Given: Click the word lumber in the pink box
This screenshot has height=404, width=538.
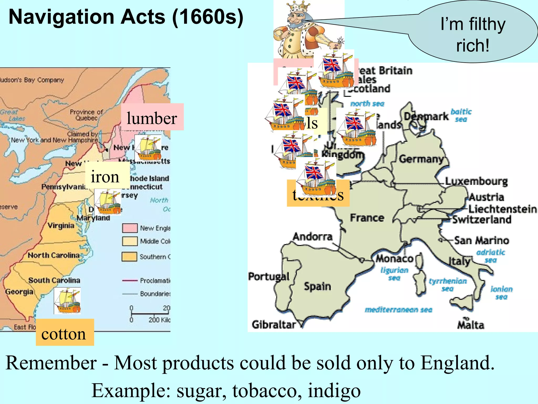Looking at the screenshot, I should point(152,118).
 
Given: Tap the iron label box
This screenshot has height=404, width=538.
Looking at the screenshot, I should point(105,176).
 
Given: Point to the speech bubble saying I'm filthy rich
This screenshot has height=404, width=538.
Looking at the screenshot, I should point(473,34).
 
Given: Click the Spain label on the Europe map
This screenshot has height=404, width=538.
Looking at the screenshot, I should point(317,286).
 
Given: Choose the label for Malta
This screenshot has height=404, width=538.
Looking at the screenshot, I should point(470,325).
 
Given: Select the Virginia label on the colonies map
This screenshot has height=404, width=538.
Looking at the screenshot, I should point(61,226).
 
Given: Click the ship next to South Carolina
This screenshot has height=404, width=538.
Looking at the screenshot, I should point(67,301).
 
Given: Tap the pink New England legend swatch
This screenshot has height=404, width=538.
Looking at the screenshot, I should point(130,228).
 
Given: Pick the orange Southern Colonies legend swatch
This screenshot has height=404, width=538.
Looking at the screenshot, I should point(129,257).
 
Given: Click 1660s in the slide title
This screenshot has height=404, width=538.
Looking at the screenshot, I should point(208,17).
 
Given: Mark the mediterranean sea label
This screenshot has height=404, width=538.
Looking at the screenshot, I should point(398,310).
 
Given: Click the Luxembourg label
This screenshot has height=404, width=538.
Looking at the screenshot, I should point(476,181).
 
